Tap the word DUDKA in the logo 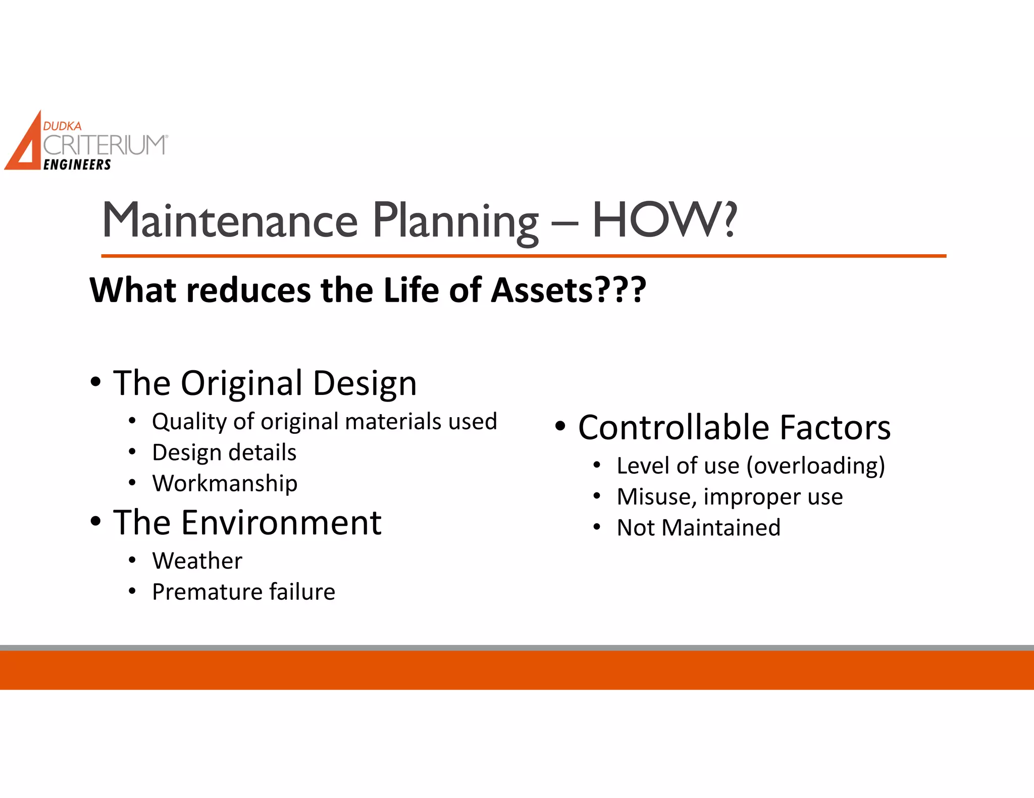click(62, 126)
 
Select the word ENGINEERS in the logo click(77, 165)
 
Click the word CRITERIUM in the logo click(105, 145)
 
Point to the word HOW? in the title click(664, 220)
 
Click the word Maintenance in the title click(230, 220)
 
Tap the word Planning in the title click(456, 222)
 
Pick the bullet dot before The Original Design click(96, 382)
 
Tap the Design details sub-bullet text click(224, 452)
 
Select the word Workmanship click(225, 483)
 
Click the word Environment click(281, 523)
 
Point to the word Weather click(197, 561)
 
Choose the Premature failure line click(243, 592)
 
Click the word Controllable click(674, 428)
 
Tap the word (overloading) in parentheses click(815, 466)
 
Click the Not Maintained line click(698, 528)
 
